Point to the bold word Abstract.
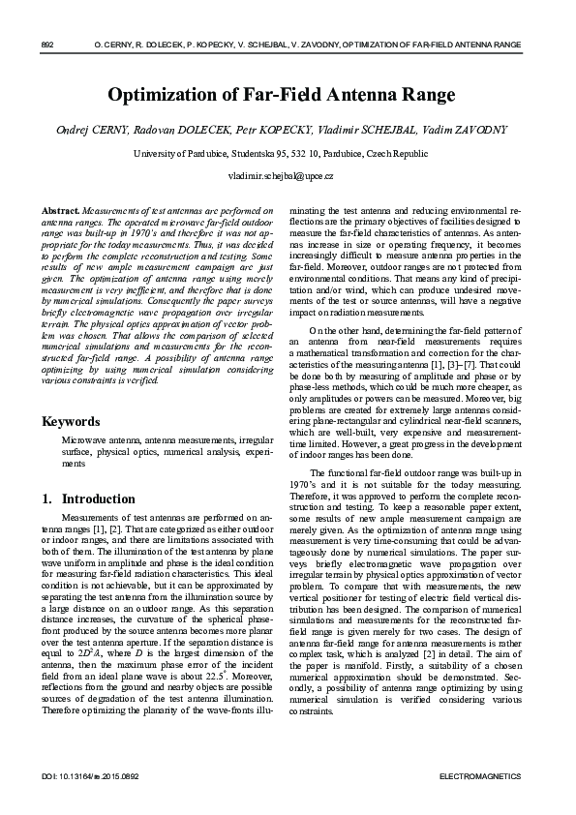click(x=61, y=210)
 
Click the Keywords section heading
click(x=71, y=422)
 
